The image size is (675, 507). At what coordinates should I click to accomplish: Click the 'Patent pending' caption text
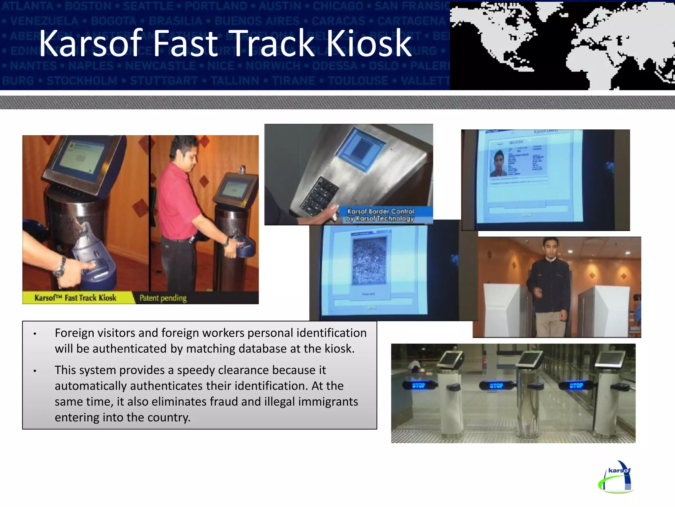click(163, 298)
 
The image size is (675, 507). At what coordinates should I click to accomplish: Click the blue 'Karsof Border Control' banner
click(381, 215)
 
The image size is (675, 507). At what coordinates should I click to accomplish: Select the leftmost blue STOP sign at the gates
click(419, 385)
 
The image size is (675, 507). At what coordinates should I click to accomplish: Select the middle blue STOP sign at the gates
click(496, 386)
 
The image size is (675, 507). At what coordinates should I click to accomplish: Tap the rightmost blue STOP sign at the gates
click(576, 385)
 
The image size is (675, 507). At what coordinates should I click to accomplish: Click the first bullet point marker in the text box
click(35, 334)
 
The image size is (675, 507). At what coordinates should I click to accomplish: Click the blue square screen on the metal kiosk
click(361, 149)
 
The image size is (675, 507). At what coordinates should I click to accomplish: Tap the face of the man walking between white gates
click(551, 249)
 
